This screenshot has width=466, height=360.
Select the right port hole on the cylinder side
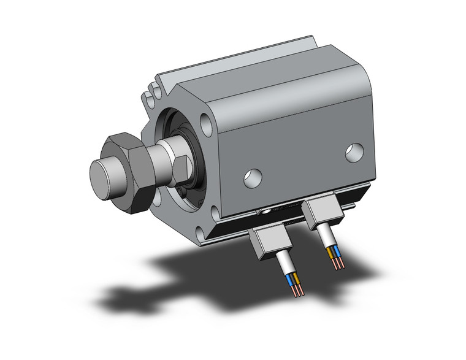[x=354, y=153]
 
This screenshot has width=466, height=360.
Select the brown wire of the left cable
[x=297, y=281]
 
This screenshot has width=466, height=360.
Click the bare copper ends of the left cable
[x=296, y=290]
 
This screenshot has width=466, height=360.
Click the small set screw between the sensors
[x=264, y=212]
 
